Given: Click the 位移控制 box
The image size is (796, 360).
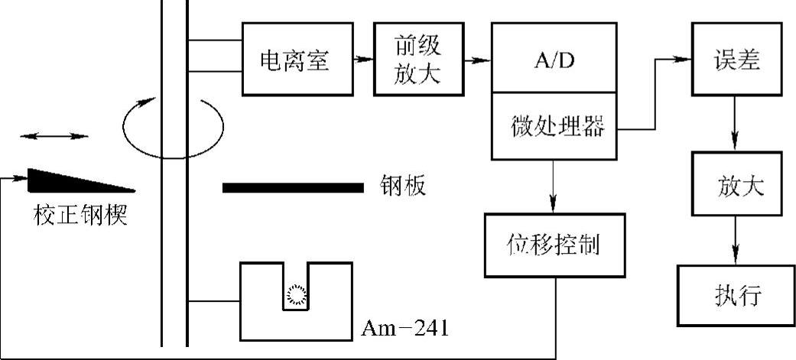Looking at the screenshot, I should click(x=553, y=245).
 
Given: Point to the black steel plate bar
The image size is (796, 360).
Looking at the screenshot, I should click(x=293, y=186).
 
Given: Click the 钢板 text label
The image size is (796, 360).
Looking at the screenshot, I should click(x=402, y=186).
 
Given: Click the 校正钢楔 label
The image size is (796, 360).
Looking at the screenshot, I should click(x=80, y=216).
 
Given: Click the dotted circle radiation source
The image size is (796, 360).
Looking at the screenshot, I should click(x=296, y=294).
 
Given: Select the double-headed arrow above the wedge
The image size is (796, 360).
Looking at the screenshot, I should click(x=54, y=136).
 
